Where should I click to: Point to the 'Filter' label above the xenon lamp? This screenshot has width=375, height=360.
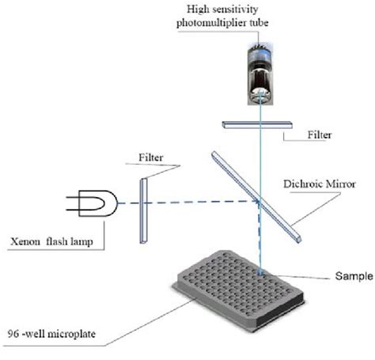click(151, 157)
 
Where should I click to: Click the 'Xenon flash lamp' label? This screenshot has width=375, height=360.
click(49, 241)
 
